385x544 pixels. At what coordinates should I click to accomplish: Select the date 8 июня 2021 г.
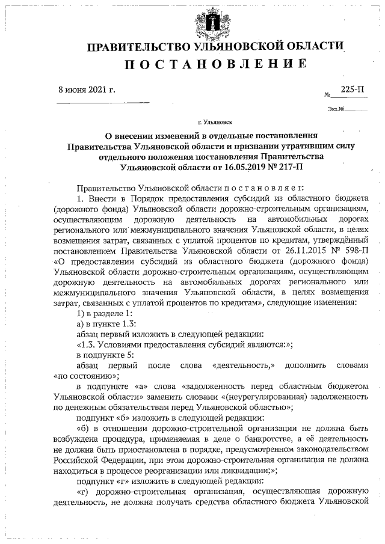[x=87, y=90]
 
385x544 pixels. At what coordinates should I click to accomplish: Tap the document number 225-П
[x=353, y=90]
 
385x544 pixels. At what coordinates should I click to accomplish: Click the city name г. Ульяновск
[x=214, y=121]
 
